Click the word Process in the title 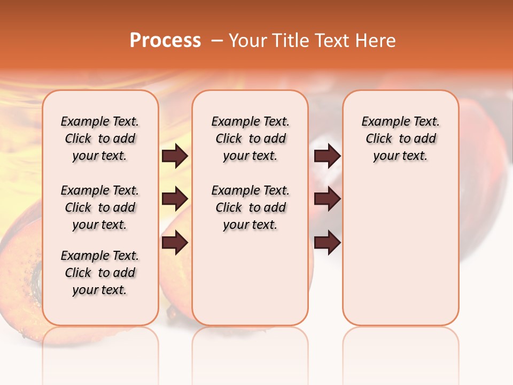[165, 41]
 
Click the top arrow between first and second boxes [175, 156]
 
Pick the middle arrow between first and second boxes [175, 199]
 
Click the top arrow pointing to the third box [327, 156]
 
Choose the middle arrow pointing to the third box [327, 199]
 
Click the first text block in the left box [100, 138]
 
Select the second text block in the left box [100, 207]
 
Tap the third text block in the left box [100, 273]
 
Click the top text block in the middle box [250, 138]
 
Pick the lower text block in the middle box [250, 207]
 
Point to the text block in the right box [400, 138]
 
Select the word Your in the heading [247, 41]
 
